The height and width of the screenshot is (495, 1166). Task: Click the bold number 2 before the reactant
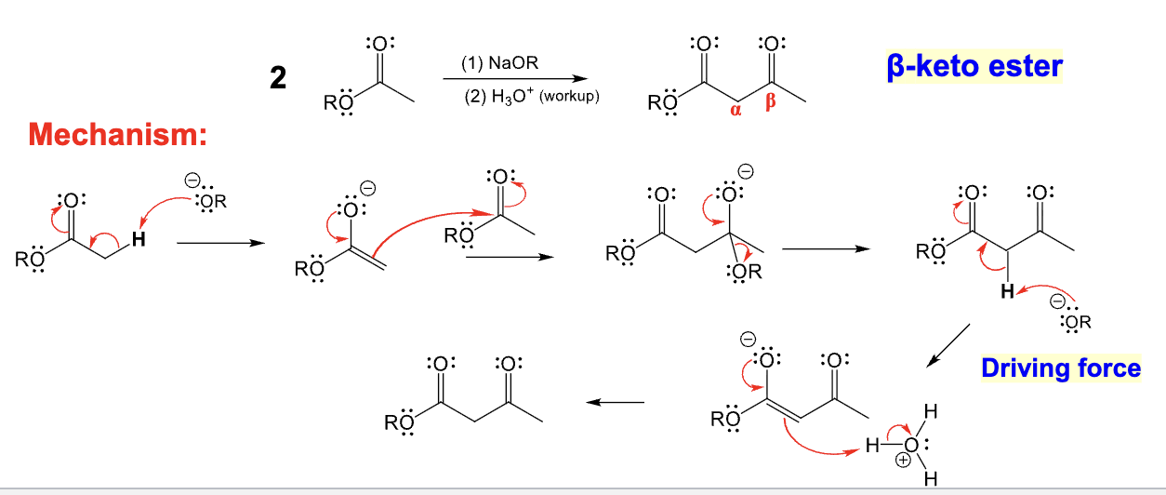(x=277, y=79)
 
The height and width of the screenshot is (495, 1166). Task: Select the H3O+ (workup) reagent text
(x=532, y=97)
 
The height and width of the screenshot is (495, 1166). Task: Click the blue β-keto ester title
(x=974, y=67)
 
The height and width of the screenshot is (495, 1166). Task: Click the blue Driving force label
(x=1061, y=368)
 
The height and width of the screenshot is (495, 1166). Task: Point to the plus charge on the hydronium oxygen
(x=900, y=461)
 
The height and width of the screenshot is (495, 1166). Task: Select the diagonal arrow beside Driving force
(x=949, y=344)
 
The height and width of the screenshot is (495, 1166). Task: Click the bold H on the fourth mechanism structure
(x=1006, y=292)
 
